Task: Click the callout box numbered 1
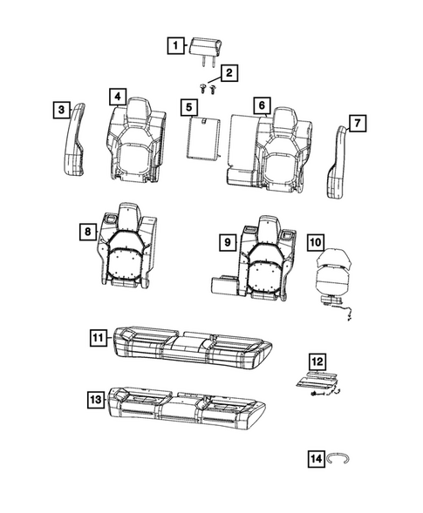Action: tap(176, 44)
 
